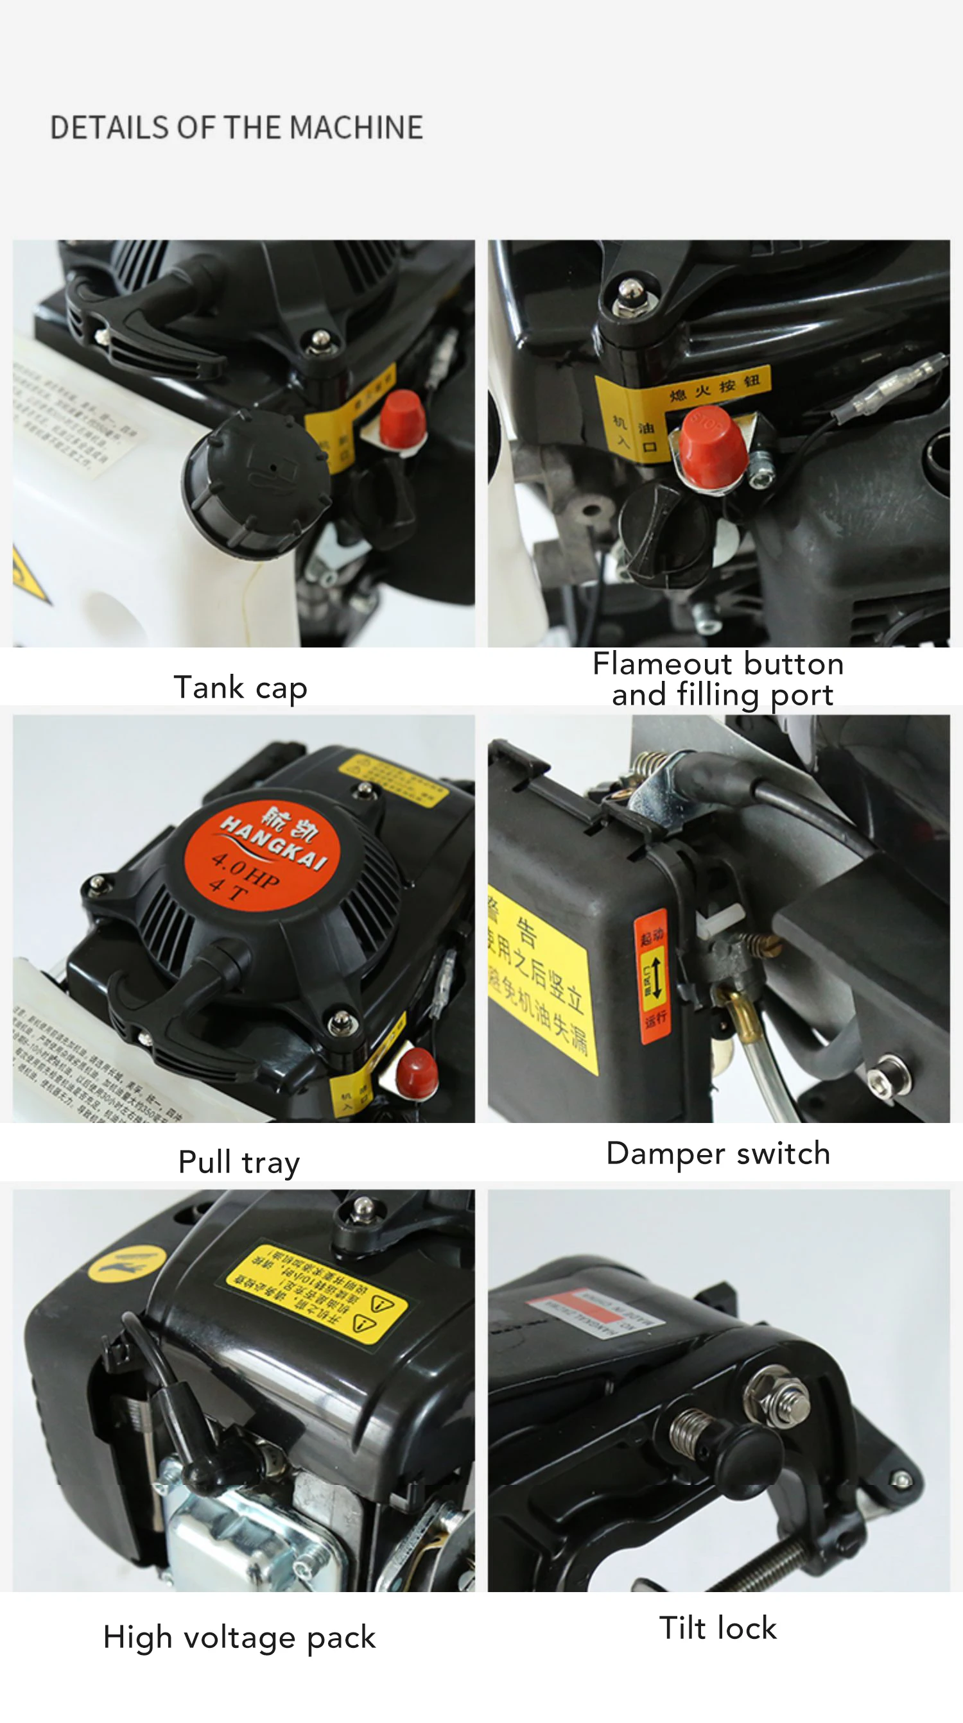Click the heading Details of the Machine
[236, 128]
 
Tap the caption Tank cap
[240, 687]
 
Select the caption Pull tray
[239, 1162]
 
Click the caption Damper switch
[718, 1153]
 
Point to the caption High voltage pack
[239, 1637]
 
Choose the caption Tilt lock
[718, 1627]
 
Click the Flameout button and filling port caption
[718, 679]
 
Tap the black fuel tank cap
[257, 481]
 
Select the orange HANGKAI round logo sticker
[263, 851]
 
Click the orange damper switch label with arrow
[652, 976]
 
